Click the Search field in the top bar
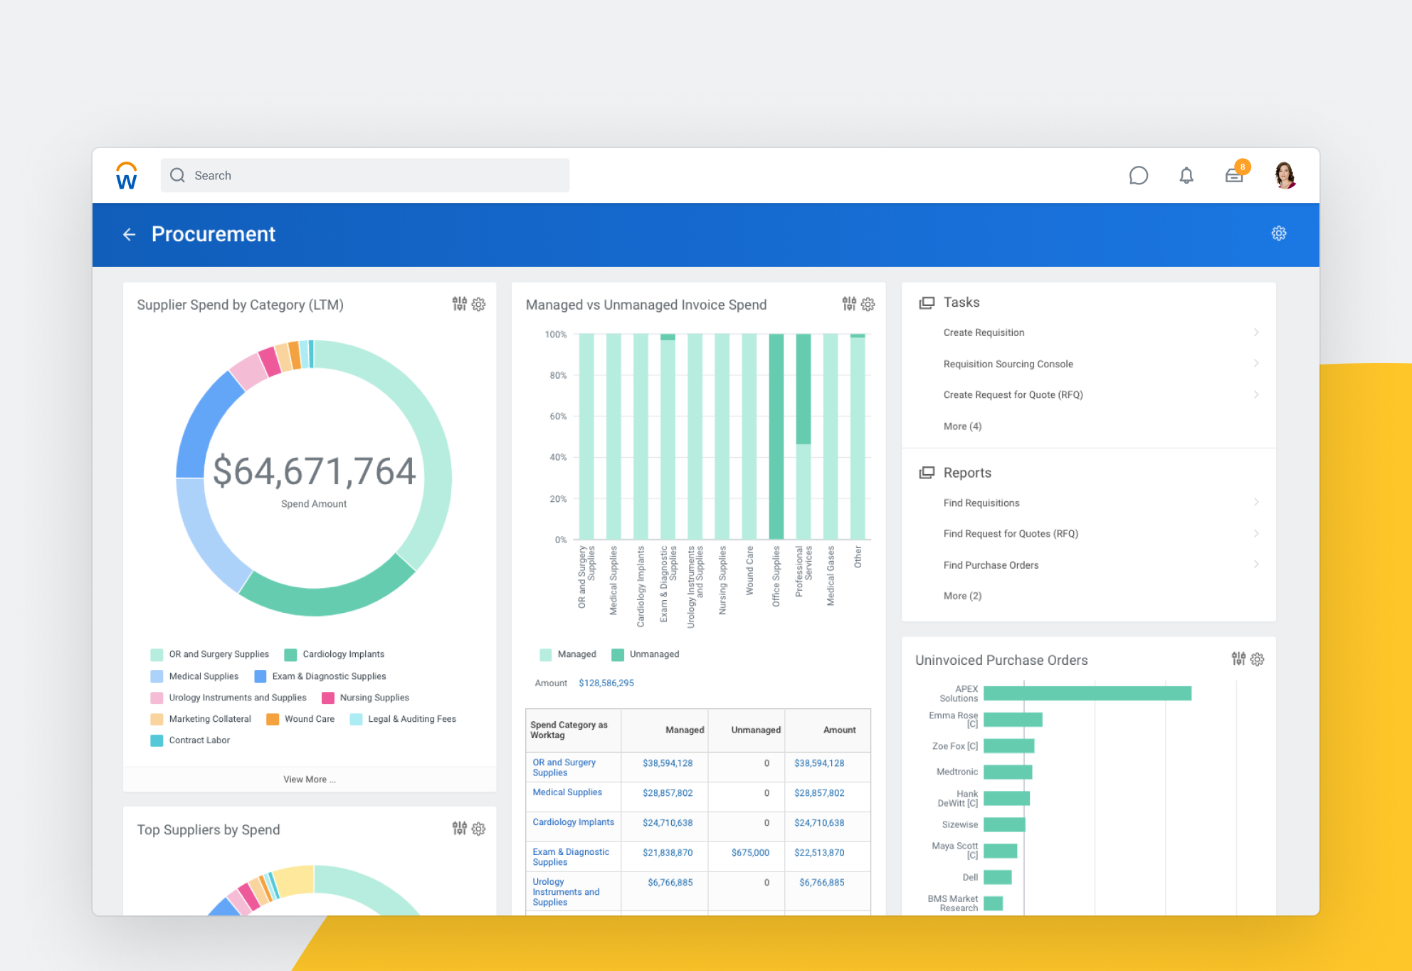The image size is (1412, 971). pyautogui.click(x=364, y=175)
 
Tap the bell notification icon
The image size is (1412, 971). pyautogui.click(x=1186, y=175)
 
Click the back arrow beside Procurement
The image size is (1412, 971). pyautogui.click(x=129, y=234)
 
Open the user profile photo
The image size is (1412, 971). pyautogui.click(x=1285, y=175)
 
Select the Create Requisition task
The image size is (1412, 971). pyautogui.click(x=984, y=332)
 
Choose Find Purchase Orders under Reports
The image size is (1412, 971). pyautogui.click(x=991, y=565)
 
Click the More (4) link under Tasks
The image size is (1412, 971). pyautogui.click(x=962, y=426)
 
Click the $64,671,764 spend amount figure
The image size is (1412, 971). pyautogui.click(x=314, y=471)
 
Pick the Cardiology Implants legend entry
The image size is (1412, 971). pyautogui.click(x=343, y=654)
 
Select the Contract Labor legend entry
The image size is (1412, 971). pyautogui.click(x=199, y=740)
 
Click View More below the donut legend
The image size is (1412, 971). pyautogui.click(x=309, y=780)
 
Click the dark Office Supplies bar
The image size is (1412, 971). pyautogui.click(x=776, y=436)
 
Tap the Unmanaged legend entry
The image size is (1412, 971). pyautogui.click(x=653, y=654)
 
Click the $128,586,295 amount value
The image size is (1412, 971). pyautogui.click(x=606, y=683)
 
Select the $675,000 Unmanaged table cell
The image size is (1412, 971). pyautogui.click(x=750, y=853)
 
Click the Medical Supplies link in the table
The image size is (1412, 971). pyautogui.click(x=567, y=792)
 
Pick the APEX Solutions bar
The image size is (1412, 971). pyautogui.click(x=1087, y=693)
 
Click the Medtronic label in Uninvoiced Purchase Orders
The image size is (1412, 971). pyautogui.click(x=957, y=772)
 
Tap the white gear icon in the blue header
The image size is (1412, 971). pyautogui.click(x=1278, y=233)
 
